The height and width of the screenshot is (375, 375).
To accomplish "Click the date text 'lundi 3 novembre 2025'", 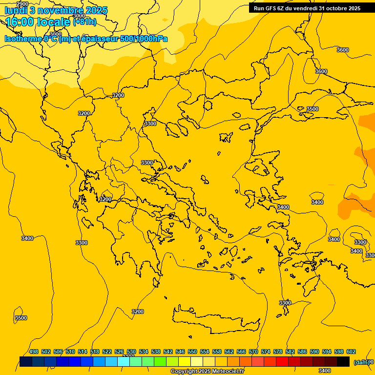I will tap(56, 10).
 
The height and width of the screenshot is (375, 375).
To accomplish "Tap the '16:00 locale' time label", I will tap(39, 21).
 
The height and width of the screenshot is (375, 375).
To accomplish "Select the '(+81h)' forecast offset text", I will tap(84, 22).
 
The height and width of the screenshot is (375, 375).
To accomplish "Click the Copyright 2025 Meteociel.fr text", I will tap(207, 372).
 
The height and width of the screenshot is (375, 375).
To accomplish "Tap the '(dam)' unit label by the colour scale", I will tap(361, 362).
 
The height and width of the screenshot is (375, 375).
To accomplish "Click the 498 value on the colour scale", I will tap(34, 352).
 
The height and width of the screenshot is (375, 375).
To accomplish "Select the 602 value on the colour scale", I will tap(351, 352).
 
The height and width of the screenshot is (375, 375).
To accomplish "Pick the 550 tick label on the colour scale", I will tap(192, 352).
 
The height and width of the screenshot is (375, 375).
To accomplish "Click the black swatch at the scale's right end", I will tap(343, 361).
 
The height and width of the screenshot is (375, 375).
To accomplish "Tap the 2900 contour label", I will tap(22, 4).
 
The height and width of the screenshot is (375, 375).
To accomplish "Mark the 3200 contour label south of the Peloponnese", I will tap(138, 312).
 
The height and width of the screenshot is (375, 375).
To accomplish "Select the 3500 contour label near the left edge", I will tap(21, 318).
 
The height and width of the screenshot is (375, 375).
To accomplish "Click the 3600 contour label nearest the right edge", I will tap(343, 50).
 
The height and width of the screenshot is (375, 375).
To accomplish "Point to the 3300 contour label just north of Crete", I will tap(285, 303).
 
